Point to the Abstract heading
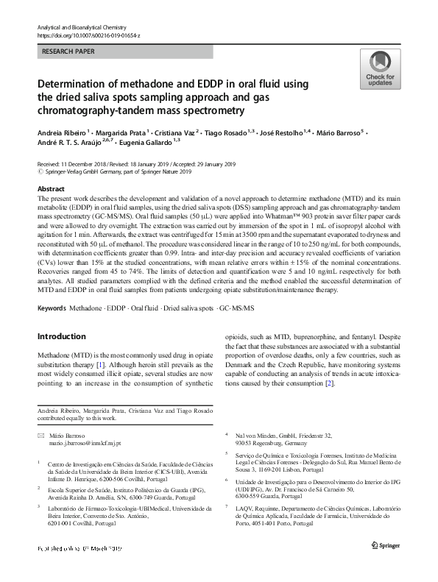point(52,189)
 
